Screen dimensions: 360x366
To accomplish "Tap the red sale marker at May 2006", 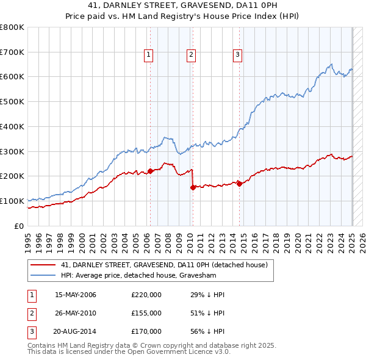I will [x=150, y=171].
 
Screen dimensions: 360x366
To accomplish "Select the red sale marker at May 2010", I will [x=193, y=187].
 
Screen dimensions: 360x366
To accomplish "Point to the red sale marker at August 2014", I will [x=239, y=183].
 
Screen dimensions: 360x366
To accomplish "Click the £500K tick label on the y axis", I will [x=12, y=101].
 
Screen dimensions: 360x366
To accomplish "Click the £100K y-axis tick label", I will [x=12, y=201].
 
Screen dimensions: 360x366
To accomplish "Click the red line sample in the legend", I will [x=43, y=265].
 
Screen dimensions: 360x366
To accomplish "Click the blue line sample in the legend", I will [x=43, y=275].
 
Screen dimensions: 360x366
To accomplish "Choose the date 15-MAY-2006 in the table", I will [x=76, y=295].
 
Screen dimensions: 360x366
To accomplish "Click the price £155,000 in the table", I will [x=146, y=313].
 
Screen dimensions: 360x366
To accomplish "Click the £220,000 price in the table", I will [x=146, y=295].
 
